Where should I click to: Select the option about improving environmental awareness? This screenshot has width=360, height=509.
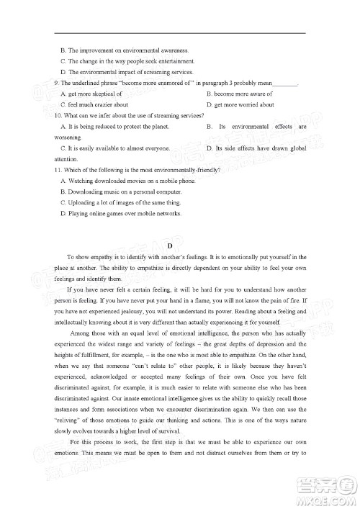tap(125, 50)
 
